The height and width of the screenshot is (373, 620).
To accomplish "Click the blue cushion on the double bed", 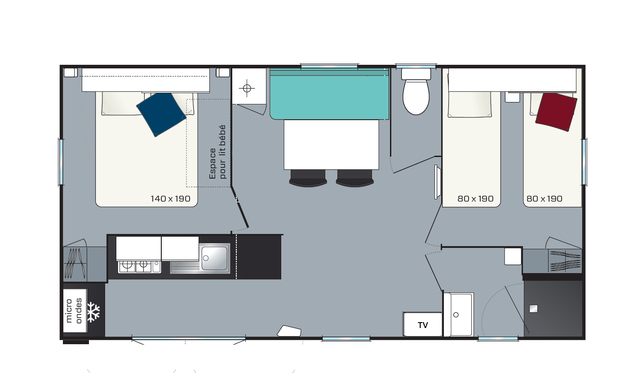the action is [x=161, y=114].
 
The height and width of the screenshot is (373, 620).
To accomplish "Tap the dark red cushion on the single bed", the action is [x=556, y=112].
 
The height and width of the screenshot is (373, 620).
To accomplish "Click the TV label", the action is [x=423, y=325].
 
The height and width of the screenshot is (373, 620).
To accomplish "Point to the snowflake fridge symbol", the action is [x=93, y=312].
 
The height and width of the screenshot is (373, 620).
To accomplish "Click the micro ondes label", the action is [x=74, y=310].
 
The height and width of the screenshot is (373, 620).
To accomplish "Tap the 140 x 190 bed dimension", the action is [x=171, y=199].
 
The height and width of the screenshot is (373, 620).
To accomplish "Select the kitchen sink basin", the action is [x=214, y=258].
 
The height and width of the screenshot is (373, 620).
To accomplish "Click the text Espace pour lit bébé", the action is [x=217, y=152].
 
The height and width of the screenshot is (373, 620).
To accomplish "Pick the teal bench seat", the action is [x=329, y=94].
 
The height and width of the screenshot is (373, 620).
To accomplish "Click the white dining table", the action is [x=331, y=144].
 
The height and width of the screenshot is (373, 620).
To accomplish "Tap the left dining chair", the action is [x=308, y=178].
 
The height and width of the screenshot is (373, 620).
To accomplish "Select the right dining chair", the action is [x=355, y=178].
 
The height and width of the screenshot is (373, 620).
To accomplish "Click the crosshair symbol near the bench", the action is [x=247, y=88].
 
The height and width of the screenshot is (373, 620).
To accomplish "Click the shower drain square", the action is [x=533, y=309].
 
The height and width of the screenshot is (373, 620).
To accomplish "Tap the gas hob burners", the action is [x=135, y=265].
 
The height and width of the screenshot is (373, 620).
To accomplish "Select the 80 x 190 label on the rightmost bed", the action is [x=545, y=199].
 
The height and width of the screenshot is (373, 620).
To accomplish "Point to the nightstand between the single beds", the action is [x=512, y=97].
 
